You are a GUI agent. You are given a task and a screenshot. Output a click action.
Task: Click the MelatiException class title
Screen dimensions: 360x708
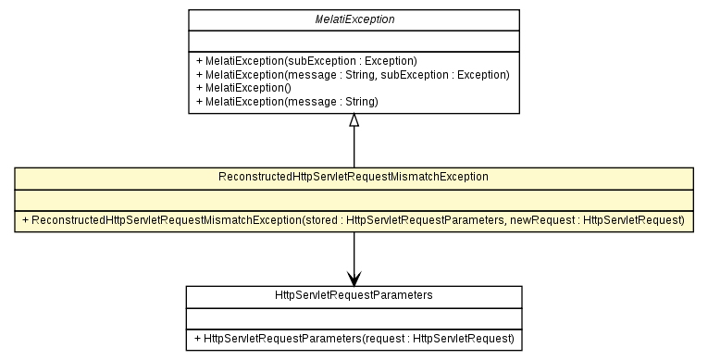point(354,19)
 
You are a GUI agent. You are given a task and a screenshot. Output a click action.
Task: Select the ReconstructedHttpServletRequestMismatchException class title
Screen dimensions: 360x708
point(354,176)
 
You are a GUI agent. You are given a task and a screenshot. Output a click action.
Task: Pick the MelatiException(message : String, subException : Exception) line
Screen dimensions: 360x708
point(353,73)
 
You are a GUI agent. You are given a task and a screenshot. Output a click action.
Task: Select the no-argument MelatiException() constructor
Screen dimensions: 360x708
point(243,87)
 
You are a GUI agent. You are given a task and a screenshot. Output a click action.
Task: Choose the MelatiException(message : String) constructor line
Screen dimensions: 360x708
point(287,101)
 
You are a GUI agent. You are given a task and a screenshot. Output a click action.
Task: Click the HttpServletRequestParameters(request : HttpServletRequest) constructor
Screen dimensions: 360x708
point(354,339)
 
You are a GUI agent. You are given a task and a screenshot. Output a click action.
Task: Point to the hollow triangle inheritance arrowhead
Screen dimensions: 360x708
point(354,121)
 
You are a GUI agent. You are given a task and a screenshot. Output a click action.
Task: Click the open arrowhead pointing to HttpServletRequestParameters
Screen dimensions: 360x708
point(354,277)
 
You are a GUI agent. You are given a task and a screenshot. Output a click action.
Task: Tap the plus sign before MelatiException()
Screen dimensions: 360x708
point(199,87)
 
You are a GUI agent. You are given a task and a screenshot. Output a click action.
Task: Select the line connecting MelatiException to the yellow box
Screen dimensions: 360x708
point(354,148)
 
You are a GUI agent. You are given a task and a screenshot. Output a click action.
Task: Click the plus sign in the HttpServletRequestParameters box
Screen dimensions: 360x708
point(198,339)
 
